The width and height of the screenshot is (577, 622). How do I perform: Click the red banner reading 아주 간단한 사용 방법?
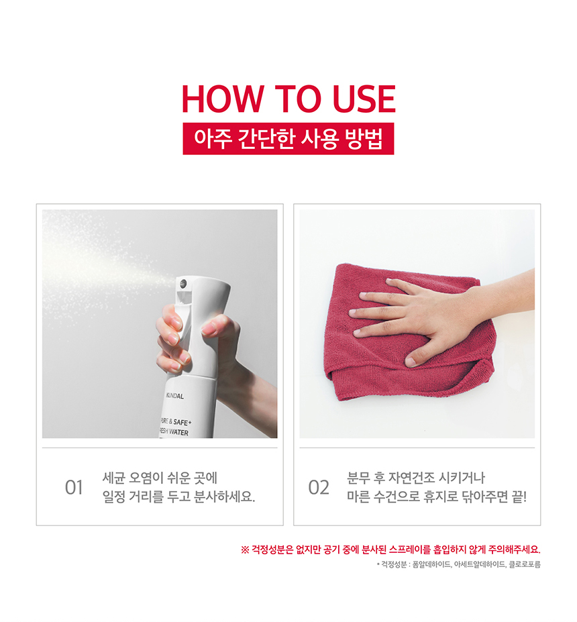pos(288,138)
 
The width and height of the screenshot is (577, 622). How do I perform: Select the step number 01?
pos(74,488)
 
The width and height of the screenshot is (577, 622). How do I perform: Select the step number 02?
pos(319,488)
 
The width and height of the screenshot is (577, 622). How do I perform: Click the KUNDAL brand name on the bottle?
pos(175,396)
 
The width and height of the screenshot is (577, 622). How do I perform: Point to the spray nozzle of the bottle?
pos(182,283)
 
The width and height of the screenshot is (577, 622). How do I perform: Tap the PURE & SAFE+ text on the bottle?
pos(176,421)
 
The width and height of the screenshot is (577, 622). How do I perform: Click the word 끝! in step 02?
pos(519,497)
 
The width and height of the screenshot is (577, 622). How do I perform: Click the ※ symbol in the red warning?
pos(245,550)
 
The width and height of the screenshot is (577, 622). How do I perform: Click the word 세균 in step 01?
pos(114,478)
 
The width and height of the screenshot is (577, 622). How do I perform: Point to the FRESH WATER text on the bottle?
pos(174,431)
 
